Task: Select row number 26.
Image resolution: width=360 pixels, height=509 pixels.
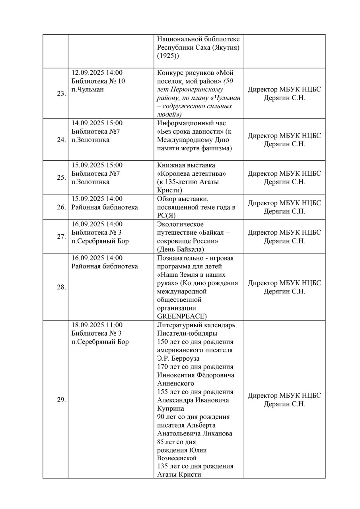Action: click(61, 207)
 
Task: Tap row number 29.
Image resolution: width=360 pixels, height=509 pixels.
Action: click(61, 400)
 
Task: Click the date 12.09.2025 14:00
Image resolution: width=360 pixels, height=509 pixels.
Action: click(97, 73)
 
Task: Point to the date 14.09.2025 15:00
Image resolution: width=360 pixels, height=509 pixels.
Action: click(97, 123)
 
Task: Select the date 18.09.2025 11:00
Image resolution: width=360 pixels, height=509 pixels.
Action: click(97, 325)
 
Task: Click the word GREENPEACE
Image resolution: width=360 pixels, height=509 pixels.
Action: click(182, 317)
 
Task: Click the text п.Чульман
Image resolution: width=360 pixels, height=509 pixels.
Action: click(88, 89)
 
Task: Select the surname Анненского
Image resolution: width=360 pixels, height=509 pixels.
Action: click(176, 383)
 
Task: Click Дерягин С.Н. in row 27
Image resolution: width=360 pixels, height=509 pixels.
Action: click(284, 241)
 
